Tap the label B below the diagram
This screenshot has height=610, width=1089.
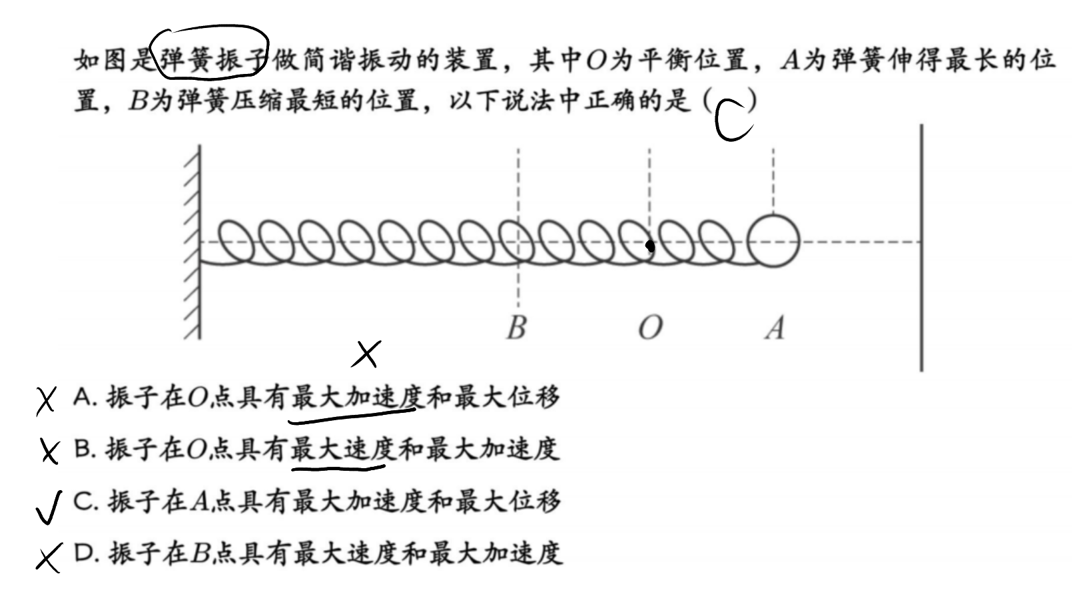click(x=516, y=328)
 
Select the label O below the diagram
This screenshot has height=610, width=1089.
click(x=650, y=328)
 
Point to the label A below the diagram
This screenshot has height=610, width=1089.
click(x=775, y=328)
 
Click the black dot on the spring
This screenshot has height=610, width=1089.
click(x=650, y=247)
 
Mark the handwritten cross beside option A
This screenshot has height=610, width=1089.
click(x=47, y=401)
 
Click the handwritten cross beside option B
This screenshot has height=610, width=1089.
click(x=49, y=452)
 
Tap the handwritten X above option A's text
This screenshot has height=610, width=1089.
click(x=366, y=354)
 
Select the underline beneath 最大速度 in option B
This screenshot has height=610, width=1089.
click(x=338, y=469)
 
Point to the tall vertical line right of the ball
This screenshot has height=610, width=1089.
click(x=920, y=248)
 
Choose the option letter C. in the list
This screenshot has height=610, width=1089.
click(x=86, y=501)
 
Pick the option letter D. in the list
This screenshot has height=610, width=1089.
click(x=87, y=553)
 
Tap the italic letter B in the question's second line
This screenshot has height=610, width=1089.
click(x=138, y=101)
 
